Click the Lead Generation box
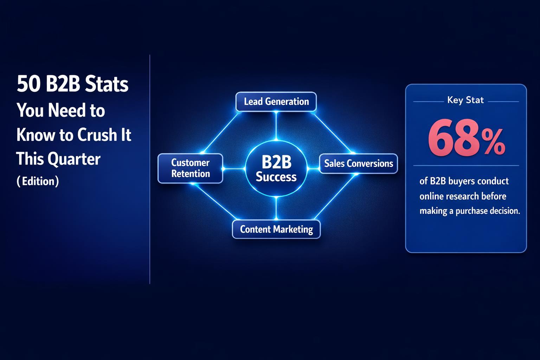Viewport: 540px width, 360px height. coord(276,102)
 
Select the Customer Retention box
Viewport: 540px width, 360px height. coord(190,168)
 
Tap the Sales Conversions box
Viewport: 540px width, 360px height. coord(358,163)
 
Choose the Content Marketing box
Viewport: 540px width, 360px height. coord(276,229)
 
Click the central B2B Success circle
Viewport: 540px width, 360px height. coord(276,169)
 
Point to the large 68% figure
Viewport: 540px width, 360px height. coord(466,139)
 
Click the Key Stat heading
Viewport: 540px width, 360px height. coord(465,100)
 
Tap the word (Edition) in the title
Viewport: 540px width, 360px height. coord(38,181)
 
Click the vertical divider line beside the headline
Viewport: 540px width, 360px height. coord(150,169)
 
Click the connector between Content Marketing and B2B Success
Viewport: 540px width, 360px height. coord(276,208)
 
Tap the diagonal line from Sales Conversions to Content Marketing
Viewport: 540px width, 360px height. coord(334,197)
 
